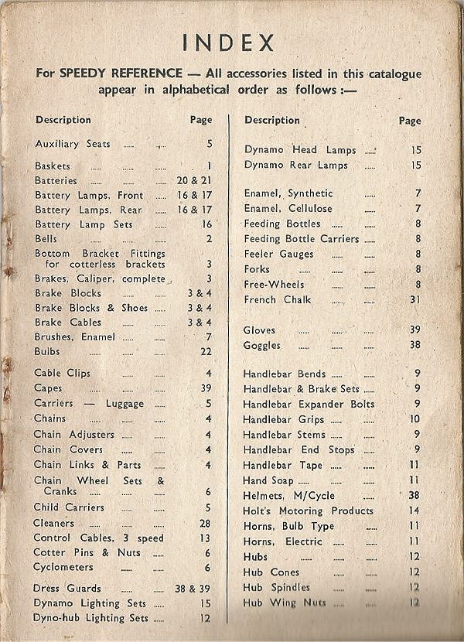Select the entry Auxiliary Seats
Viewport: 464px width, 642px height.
(x=73, y=144)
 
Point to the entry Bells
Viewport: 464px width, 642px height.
(x=46, y=239)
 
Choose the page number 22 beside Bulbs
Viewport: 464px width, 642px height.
(x=205, y=351)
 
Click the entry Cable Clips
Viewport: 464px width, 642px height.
(x=62, y=373)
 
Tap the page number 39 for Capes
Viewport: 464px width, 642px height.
(x=206, y=388)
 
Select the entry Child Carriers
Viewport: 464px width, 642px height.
(x=69, y=507)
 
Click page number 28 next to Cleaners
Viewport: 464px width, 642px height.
(x=205, y=523)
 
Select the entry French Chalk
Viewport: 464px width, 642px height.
(x=277, y=299)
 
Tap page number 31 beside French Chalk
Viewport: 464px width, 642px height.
(x=415, y=299)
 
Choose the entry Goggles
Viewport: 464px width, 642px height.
(x=261, y=345)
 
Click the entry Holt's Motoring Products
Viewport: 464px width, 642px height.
(x=308, y=511)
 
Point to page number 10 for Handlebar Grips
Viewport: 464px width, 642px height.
(x=415, y=419)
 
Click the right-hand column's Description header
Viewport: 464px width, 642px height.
(x=272, y=120)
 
